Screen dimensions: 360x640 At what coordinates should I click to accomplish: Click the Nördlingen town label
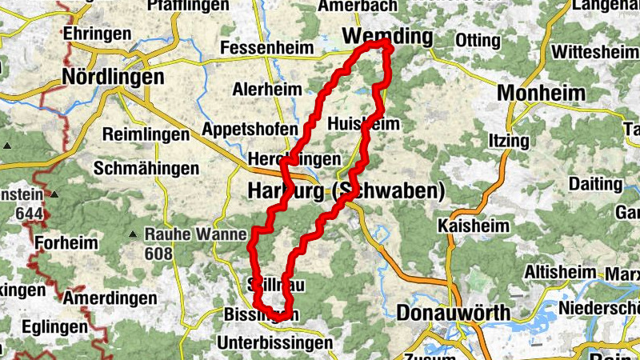[x=113, y=78]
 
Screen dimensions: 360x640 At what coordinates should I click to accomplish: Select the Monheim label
[x=542, y=93]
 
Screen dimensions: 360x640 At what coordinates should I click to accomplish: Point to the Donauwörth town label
[x=453, y=312]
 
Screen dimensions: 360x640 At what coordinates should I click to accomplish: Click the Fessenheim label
[x=266, y=48]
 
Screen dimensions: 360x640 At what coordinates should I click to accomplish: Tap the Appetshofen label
[x=250, y=129]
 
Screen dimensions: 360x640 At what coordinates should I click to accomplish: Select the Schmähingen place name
[x=146, y=169]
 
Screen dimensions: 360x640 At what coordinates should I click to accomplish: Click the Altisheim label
[x=563, y=272]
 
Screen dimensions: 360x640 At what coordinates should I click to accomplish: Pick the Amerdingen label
[x=110, y=298]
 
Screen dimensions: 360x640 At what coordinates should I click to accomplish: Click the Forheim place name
[x=66, y=242]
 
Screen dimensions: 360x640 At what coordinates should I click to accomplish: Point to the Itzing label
[x=508, y=141]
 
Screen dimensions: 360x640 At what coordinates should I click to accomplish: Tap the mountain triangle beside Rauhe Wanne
[x=133, y=234]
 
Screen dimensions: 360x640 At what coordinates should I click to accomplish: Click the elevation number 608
[x=159, y=254]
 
